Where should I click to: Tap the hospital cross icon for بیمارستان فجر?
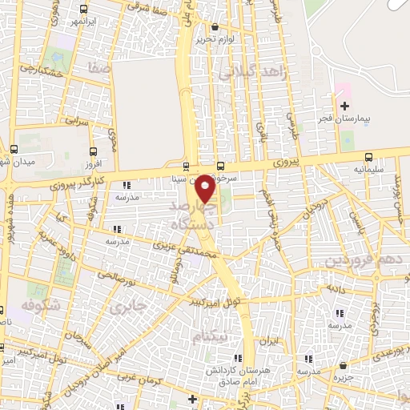(345, 106)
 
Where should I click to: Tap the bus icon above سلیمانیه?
(368, 157)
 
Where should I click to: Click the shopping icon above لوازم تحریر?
(215, 26)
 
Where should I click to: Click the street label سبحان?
(78, 337)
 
